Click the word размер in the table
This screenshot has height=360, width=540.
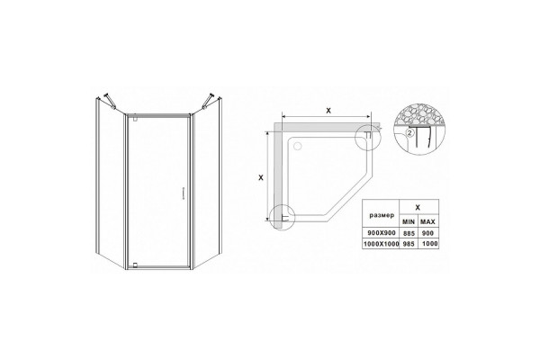[382, 216]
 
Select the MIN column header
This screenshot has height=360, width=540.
[409, 222]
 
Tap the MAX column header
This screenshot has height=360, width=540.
[428, 222]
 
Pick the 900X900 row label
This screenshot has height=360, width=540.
[382, 233]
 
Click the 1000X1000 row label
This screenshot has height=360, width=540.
[381, 244]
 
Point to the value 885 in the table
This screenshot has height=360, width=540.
[409, 233]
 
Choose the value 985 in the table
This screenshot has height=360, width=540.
[409, 244]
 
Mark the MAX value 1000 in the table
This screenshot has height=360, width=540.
[429, 244]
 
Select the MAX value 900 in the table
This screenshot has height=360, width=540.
[427, 233]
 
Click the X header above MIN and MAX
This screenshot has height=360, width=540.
[418, 207]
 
